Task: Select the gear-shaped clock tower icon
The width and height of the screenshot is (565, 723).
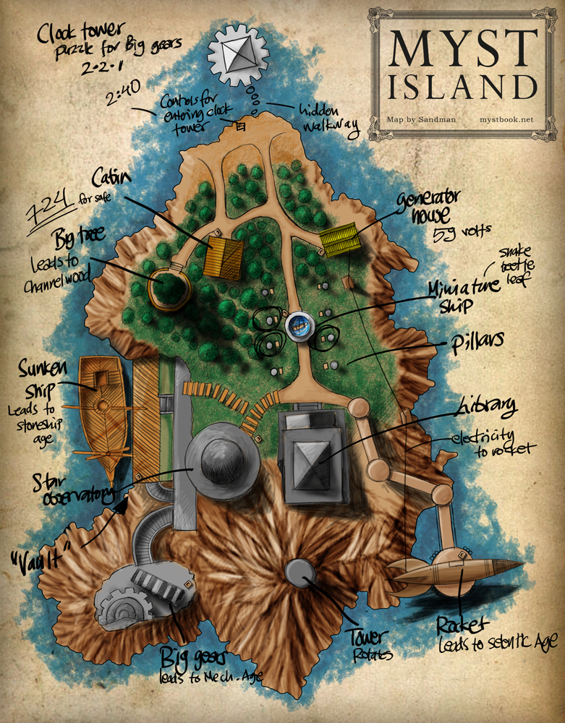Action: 238,57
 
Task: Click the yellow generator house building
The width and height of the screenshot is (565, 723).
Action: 339,239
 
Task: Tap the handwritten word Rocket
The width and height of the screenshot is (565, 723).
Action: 463,623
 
